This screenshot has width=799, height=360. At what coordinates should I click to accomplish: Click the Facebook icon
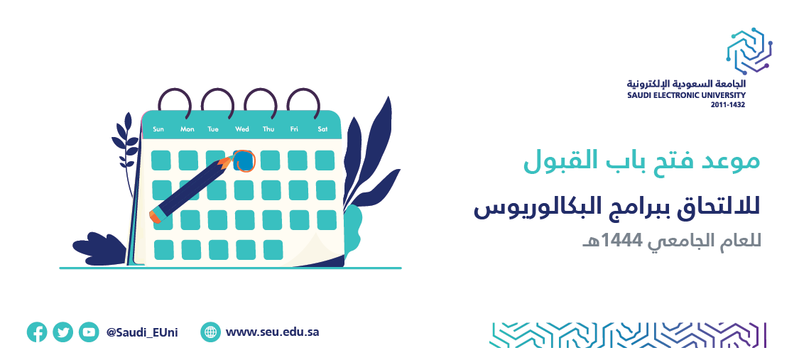[37, 332]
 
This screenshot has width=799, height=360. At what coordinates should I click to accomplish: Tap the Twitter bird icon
[62, 332]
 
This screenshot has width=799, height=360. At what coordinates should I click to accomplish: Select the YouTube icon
[89, 332]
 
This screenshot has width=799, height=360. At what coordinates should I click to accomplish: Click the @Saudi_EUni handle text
[142, 332]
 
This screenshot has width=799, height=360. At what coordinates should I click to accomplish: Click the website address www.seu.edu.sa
[272, 332]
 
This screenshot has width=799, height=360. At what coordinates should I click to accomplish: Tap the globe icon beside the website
[210, 332]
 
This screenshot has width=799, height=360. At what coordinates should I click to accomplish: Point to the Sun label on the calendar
[158, 129]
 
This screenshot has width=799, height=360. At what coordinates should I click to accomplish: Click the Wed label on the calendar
[242, 129]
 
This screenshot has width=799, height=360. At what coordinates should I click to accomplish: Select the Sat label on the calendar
[322, 129]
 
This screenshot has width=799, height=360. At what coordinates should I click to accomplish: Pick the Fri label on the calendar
[294, 129]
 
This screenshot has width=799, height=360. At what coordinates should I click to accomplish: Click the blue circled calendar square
[244, 161]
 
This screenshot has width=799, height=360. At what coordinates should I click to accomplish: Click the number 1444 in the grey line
[615, 241]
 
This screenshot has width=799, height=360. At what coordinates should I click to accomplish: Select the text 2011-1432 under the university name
[728, 105]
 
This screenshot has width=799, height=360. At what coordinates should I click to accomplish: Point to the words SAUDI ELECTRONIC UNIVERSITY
[686, 95]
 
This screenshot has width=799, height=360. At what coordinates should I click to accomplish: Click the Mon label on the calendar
[187, 129]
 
